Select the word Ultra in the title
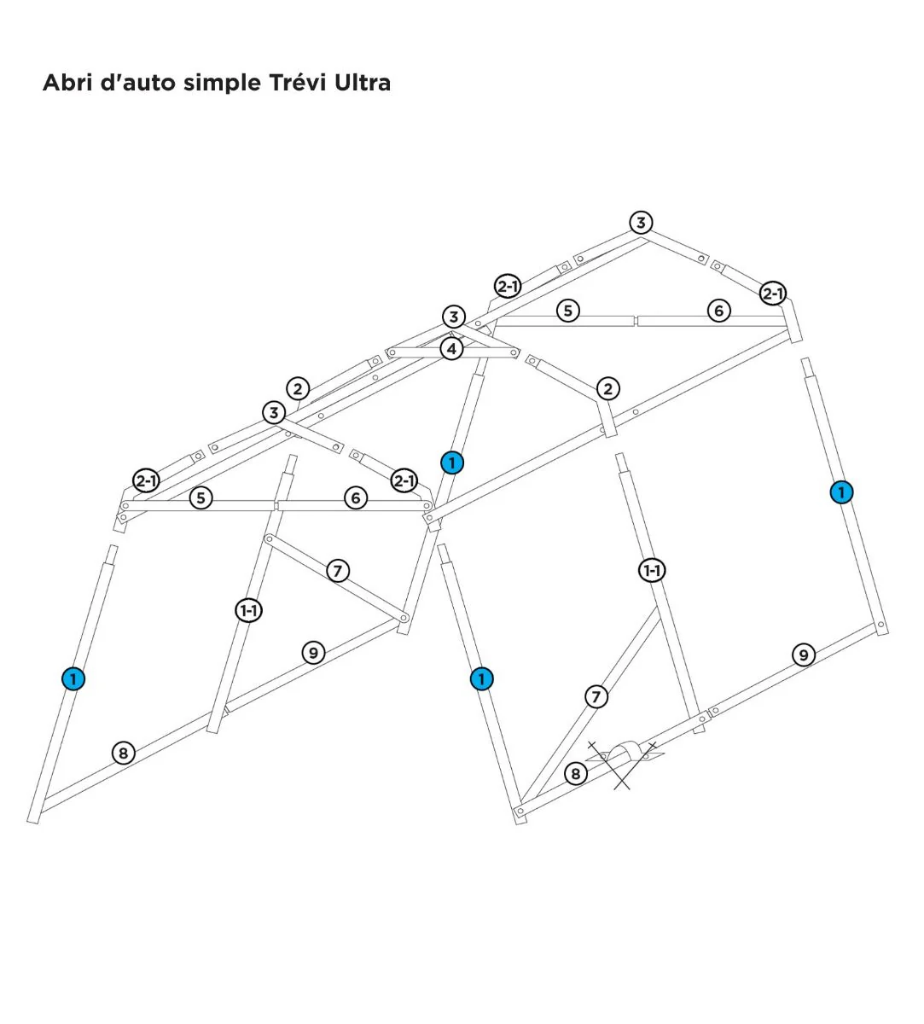click(x=363, y=83)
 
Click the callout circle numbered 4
click(x=451, y=349)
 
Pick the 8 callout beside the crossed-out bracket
click(x=576, y=774)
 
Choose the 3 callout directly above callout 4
click(x=454, y=317)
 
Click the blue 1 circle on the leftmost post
click(x=73, y=679)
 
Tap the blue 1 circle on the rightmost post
click(x=842, y=492)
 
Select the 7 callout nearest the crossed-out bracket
click(x=596, y=697)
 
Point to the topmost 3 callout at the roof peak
click(x=642, y=223)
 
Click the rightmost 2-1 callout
click(x=773, y=293)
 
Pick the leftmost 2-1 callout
click(x=147, y=480)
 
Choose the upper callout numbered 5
click(x=568, y=311)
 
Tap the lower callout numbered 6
click(x=356, y=497)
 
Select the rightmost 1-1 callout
click(x=653, y=570)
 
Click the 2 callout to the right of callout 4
click(x=608, y=389)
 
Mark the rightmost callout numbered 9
click(x=804, y=655)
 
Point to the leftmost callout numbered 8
click(x=124, y=753)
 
